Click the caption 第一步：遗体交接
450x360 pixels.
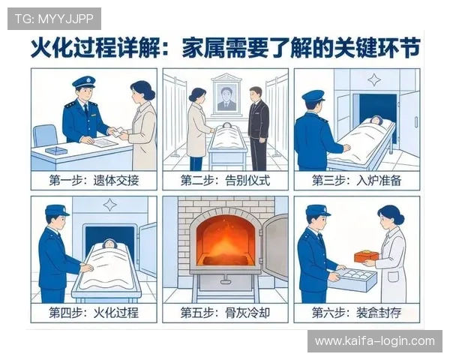pyautogui.click(x=94, y=181)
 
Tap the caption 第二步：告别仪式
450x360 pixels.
pyautogui.click(x=225, y=181)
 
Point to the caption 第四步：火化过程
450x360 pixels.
pyautogui.click(x=94, y=312)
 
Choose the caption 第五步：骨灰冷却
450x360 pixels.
pyautogui.click(x=225, y=312)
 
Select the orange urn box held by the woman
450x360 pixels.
pyautogui.click(x=366, y=256)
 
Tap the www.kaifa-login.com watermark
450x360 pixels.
pyautogui.click(x=374, y=341)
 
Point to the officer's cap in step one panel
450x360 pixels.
pyautogui.click(x=83, y=82)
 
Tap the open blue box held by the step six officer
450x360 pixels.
pyautogui.click(x=353, y=280)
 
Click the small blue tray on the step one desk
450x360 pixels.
pyautogui.click(x=55, y=151)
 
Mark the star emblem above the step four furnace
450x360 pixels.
pyautogui.click(x=109, y=205)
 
